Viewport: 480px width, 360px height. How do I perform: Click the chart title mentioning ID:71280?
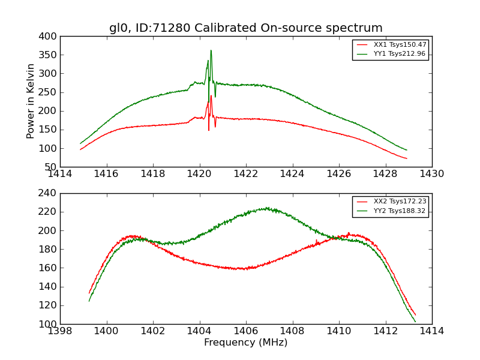click(245, 28)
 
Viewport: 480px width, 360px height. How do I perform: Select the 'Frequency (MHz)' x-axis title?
click(245, 343)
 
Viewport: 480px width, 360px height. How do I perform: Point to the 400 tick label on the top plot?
click(50, 37)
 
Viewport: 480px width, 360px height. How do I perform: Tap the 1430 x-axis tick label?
click(431, 173)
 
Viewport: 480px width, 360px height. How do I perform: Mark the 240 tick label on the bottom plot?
click(50, 193)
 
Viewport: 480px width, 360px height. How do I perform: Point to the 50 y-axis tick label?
click(52, 167)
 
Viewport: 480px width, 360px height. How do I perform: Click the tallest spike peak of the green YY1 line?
click(211, 50)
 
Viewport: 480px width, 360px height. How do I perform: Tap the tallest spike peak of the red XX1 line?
click(211, 96)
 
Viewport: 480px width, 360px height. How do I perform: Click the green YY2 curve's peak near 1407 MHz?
click(266, 208)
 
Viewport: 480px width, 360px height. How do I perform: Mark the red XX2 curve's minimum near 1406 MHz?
click(243, 269)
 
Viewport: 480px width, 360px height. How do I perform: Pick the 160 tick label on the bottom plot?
click(50, 268)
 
